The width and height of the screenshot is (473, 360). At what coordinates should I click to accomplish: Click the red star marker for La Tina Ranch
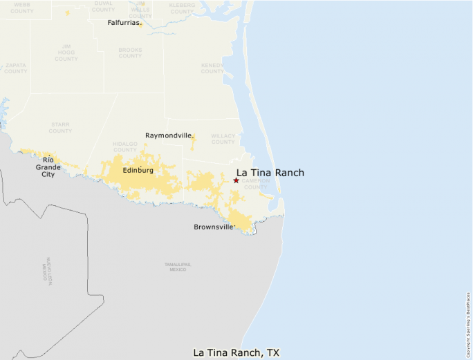[x=236, y=180]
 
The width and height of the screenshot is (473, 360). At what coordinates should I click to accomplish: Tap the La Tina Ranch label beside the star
[x=270, y=173]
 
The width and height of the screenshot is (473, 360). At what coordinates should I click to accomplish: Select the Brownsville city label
[x=214, y=227]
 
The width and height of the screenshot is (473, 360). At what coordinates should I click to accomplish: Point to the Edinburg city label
[x=138, y=170]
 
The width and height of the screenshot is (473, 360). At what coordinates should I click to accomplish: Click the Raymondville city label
[x=168, y=135]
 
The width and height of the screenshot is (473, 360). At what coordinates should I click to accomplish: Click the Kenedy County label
[x=212, y=68]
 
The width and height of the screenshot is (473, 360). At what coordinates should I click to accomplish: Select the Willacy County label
[x=223, y=139]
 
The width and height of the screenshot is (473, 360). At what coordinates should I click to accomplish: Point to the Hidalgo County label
[x=125, y=146]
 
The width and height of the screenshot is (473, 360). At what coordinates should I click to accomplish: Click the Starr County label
[x=60, y=127]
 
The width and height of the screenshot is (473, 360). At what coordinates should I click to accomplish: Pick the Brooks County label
[x=130, y=53]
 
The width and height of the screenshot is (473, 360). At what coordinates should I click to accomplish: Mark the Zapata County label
[x=15, y=68]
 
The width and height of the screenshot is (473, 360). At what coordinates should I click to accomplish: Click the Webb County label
[x=22, y=8]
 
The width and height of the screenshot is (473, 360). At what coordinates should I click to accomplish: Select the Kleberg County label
[x=183, y=8]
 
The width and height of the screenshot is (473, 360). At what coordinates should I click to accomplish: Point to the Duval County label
[x=104, y=6]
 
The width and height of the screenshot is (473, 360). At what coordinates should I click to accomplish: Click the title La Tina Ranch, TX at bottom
[x=236, y=352]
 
